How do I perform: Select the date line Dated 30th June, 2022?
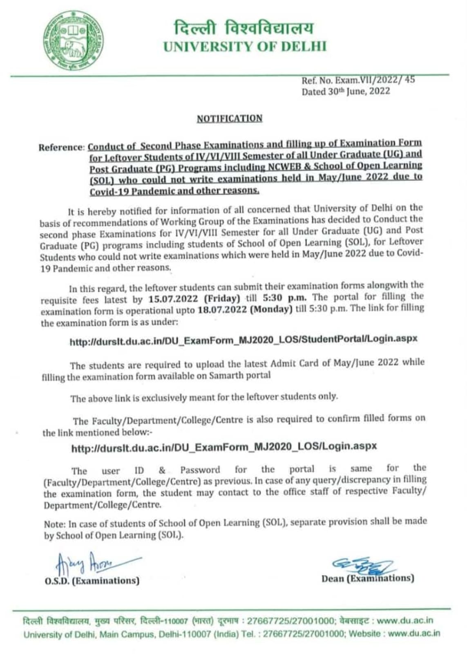pyautogui.click(x=346, y=91)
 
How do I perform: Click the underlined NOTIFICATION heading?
pyautogui.click(x=230, y=119)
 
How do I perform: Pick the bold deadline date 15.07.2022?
pyautogui.click(x=173, y=299)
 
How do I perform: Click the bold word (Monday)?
pyautogui.click(x=270, y=309)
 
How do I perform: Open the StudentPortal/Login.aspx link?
pyautogui.click(x=244, y=340)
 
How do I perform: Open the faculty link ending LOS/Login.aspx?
pyautogui.click(x=224, y=447)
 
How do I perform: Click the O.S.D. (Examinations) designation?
pyautogui.click(x=92, y=580)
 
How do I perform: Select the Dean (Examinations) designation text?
pyautogui.click(x=367, y=578)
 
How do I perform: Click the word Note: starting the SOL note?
pyautogui.click(x=54, y=524)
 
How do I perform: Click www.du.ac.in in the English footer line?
pyautogui.click(x=414, y=634)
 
